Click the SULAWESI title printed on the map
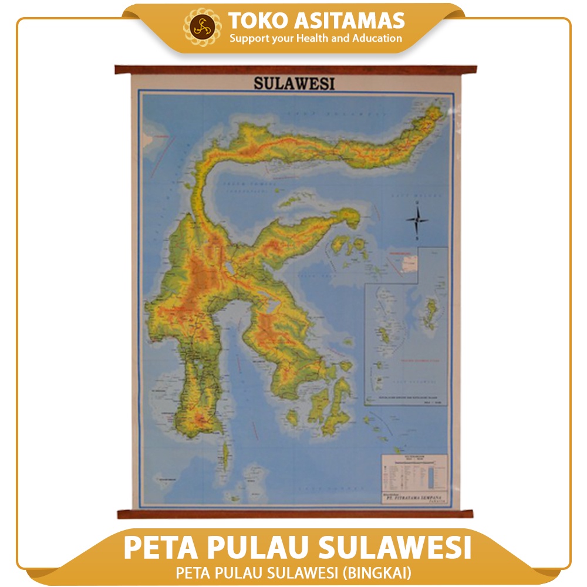point(294,83)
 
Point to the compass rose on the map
point(417,220)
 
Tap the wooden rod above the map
point(295,70)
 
